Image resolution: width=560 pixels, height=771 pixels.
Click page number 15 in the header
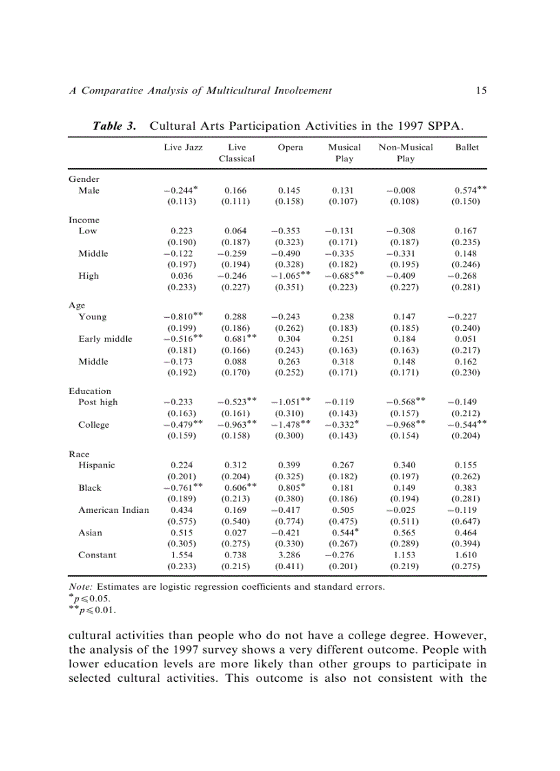pyautogui.click(x=482, y=90)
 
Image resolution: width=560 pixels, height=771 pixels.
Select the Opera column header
pyautogui.click(x=290, y=147)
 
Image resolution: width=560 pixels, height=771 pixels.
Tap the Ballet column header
pyautogui.click(x=467, y=147)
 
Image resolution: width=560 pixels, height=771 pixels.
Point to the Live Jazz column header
pyautogui.click(x=183, y=147)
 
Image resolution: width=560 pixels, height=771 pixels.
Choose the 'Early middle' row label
pyautogui.click(x=105, y=339)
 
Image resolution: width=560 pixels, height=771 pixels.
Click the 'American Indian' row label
pyautogui.click(x=113, y=510)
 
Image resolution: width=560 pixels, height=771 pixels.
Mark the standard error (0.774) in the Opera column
pyautogui.click(x=290, y=521)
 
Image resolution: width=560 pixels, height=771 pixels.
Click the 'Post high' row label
pyautogui.click(x=98, y=402)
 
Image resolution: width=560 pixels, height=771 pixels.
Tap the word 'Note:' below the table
pyautogui.click(x=82, y=587)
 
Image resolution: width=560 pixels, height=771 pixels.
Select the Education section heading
pyautogui.click(x=90, y=391)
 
